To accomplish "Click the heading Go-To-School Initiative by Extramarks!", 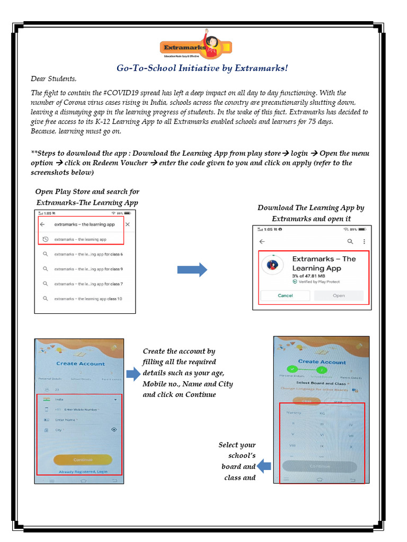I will [202, 68].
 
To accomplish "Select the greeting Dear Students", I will [54, 79].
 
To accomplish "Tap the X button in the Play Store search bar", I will [127, 224].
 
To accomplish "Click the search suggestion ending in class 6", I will [88, 254].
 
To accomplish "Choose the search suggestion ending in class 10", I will [88, 299].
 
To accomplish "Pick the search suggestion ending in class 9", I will [88, 269].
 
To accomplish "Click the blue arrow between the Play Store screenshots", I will [192, 270].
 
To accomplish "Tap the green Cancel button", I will [285, 295].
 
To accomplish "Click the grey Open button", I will [339, 295].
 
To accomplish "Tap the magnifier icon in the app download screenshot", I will [350, 241].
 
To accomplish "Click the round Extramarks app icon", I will [272, 264].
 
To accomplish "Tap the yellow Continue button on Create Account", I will [83, 459].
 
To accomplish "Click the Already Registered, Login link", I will [83, 471].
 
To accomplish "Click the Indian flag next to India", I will [47, 400].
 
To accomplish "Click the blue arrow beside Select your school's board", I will [264, 466].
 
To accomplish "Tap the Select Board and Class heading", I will [321, 383].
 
